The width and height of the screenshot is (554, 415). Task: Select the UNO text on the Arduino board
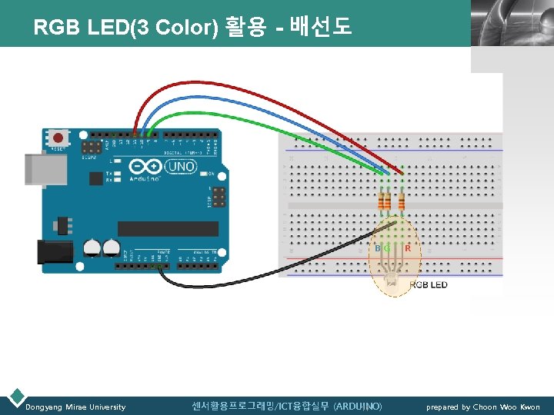182,166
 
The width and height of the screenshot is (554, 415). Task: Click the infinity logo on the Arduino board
146,166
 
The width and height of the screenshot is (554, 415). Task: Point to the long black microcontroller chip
169,228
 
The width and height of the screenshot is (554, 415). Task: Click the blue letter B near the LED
377,248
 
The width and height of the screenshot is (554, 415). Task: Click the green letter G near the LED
387,248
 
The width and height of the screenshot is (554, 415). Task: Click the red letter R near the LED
407,248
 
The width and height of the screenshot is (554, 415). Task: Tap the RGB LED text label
428,284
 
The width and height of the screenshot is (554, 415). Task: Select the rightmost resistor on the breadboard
401,201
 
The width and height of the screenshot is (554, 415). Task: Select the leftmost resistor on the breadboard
381,201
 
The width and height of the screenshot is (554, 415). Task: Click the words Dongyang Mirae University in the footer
75,407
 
